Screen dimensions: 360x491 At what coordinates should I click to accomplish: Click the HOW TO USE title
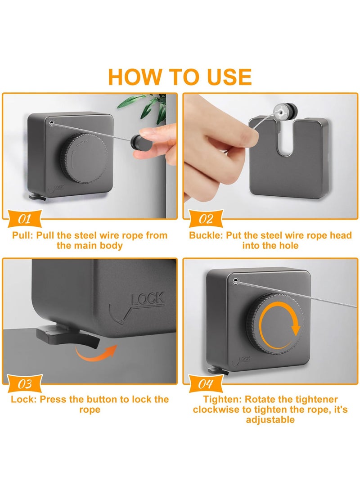[180, 77]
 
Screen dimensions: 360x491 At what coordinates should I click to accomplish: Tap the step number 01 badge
[24, 219]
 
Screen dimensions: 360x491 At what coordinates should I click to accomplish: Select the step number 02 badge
[206, 219]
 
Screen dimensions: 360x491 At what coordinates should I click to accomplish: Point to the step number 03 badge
[24, 383]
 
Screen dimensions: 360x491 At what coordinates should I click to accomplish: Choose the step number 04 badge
[206, 383]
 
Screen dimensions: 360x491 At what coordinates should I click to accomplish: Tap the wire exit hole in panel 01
[51, 123]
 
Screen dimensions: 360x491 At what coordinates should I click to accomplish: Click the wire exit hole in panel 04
[235, 281]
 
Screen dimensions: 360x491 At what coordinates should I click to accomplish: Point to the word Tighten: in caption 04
[222, 400]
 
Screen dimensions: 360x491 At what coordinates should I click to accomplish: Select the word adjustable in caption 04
[270, 419]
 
